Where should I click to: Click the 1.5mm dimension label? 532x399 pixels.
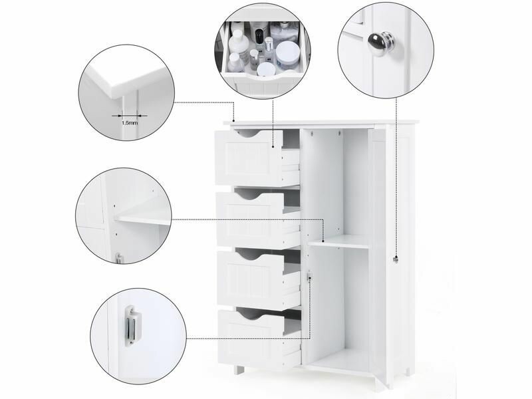130,123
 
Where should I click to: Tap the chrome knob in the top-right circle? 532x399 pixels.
381,42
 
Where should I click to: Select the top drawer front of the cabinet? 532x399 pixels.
249,158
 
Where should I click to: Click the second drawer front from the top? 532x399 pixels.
250,219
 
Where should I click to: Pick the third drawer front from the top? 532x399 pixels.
251,279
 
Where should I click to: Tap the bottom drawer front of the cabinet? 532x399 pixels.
251,339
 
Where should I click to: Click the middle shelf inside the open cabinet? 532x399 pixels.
339,241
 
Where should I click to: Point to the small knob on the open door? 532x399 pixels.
395,260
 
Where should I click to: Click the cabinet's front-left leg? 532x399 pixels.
239,370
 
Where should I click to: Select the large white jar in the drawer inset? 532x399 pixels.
287,54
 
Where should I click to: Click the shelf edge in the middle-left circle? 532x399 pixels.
142,220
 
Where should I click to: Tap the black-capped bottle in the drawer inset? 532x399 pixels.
259,39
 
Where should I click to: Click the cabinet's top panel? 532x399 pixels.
321,122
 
